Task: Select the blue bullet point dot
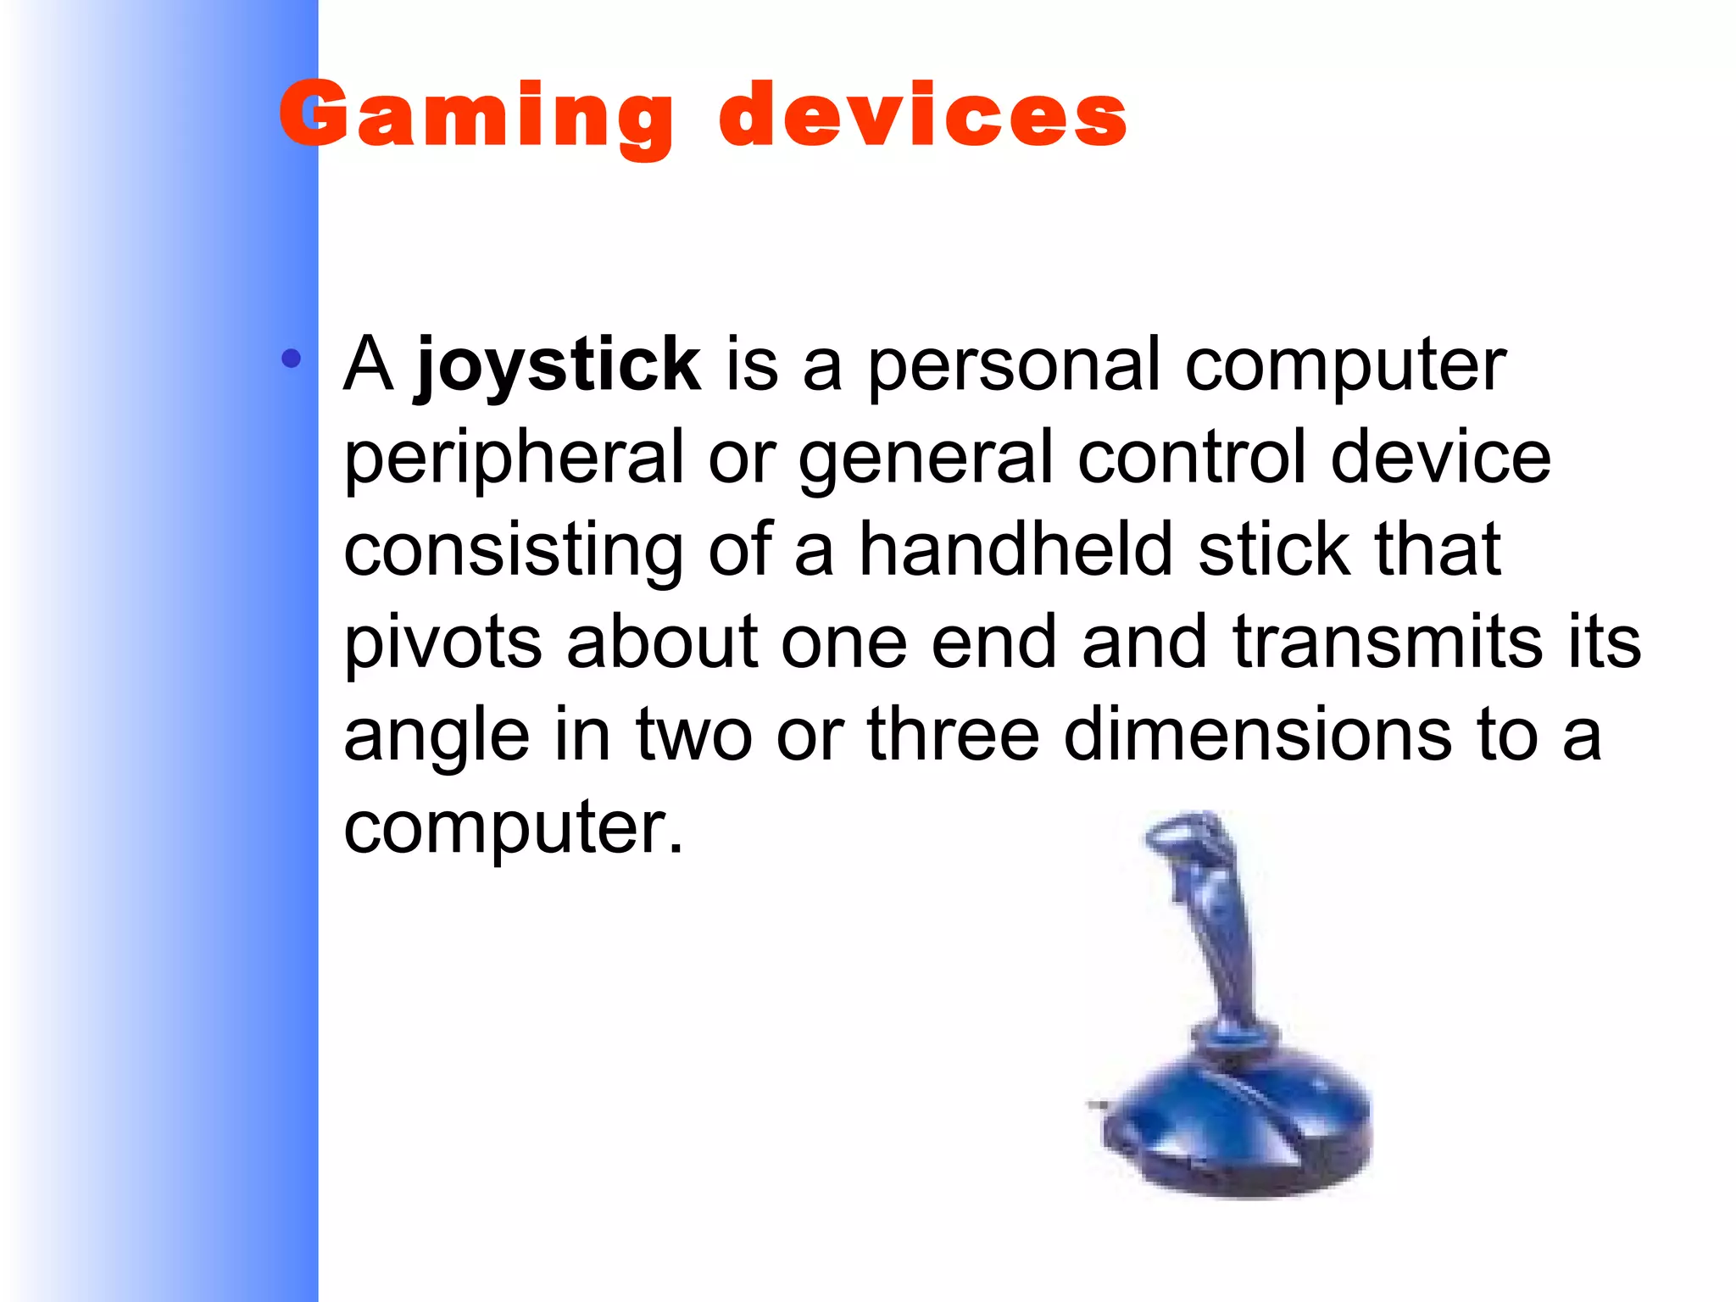coord(292,359)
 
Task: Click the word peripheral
coord(513,459)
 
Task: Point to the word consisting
coord(513,551)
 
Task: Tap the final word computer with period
coord(513,828)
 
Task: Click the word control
coord(1191,458)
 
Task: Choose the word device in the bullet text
coord(1440,458)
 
